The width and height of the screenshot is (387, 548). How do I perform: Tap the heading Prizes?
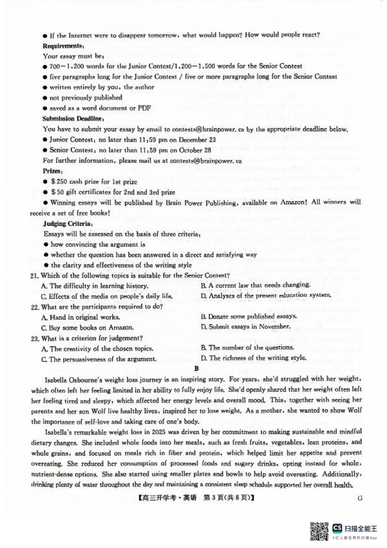tap(53, 171)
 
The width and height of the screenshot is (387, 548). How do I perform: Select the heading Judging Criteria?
tap(68, 224)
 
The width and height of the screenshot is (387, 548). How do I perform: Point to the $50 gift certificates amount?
tap(57, 192)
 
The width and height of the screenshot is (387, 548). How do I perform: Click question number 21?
tap(35, 276)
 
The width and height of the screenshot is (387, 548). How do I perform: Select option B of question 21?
tap(255, 285)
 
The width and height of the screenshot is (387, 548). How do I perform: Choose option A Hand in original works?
tap(81, 317)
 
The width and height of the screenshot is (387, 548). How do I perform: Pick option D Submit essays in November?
tap(245, 327)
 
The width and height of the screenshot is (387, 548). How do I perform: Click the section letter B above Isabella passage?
tap(197, 369)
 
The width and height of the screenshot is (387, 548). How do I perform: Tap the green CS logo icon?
tap(337, 528)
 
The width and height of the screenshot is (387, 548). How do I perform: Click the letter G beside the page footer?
tap(359, 498)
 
